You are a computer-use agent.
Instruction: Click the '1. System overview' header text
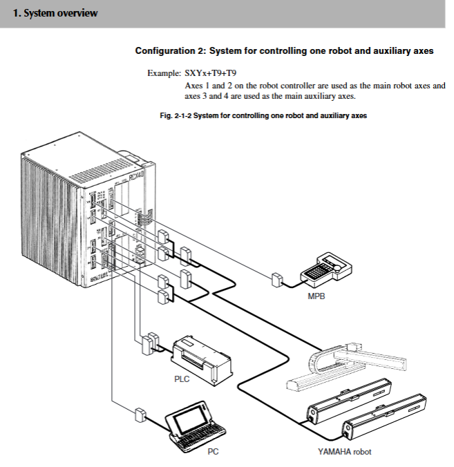click(x=55, y=13)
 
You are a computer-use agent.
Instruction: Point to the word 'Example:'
click(x=164, y=73)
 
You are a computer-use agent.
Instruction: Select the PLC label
click(x=182, y=379)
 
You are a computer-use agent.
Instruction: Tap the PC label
click(x=214, y=450)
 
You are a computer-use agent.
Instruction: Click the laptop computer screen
click(x=189, y=420)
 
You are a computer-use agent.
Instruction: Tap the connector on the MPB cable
click(x=276, y=280)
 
